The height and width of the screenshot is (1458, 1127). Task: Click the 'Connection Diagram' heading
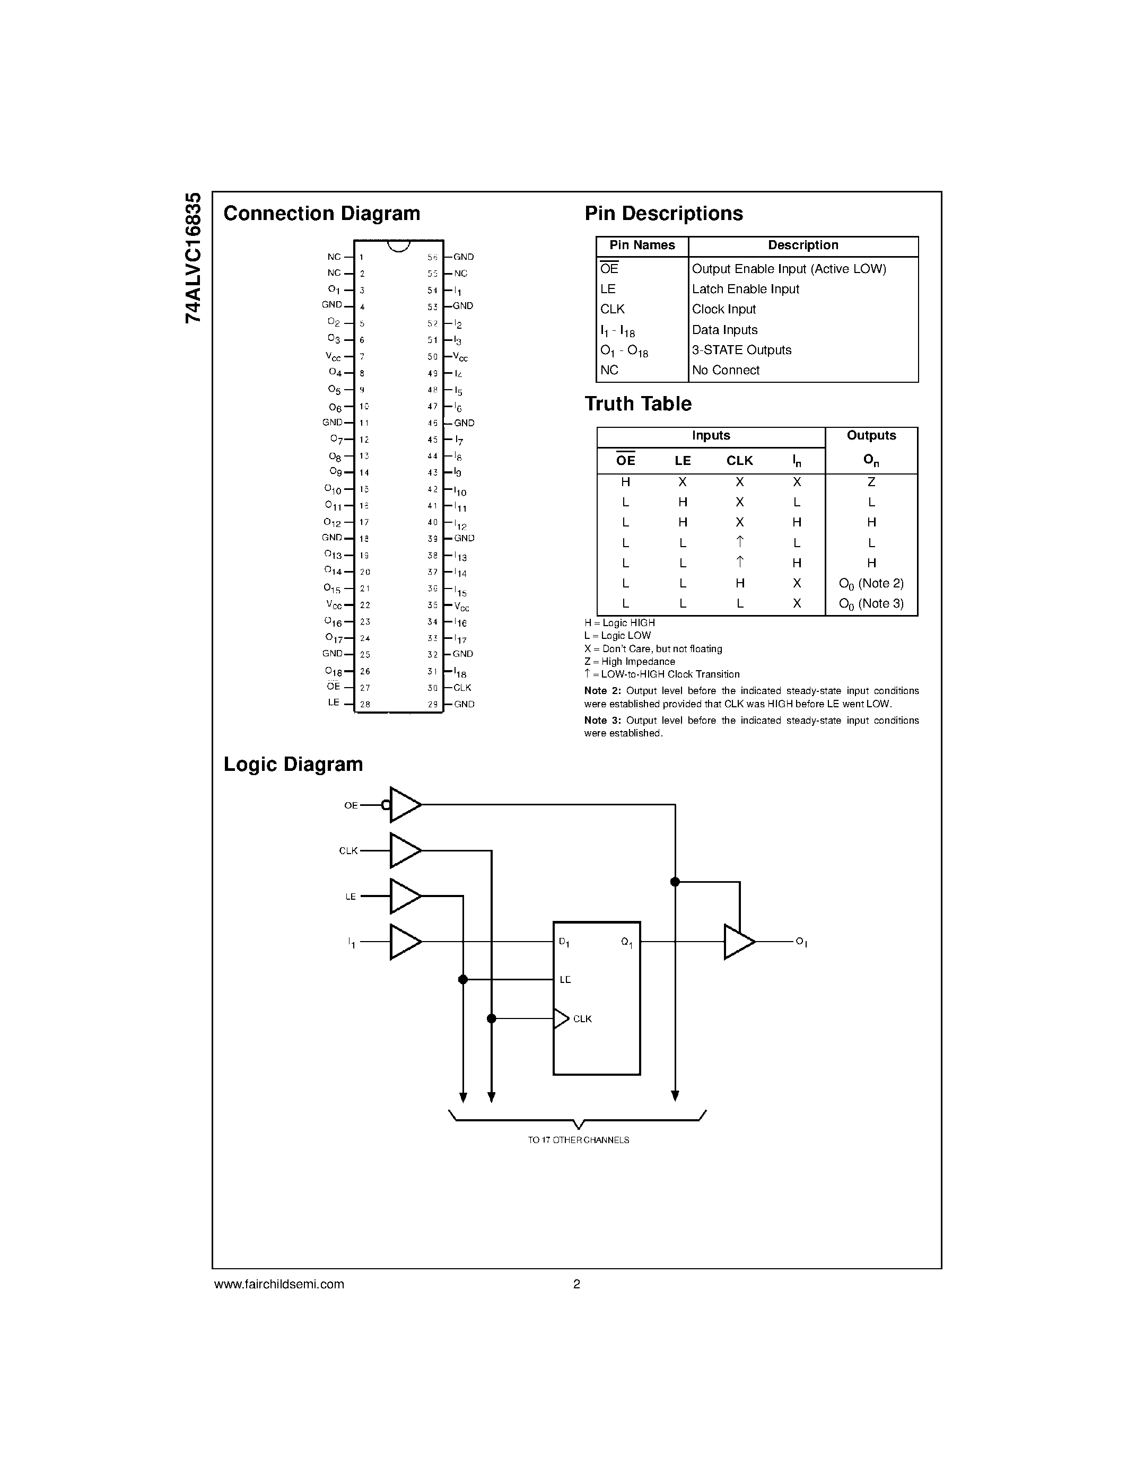pos(321,214)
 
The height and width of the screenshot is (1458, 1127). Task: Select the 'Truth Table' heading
pos(637,404)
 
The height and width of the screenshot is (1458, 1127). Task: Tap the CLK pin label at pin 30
pos(462,688)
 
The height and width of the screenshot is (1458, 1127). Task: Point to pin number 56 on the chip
pos(433,257)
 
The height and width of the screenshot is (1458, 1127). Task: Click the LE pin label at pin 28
pos(334,703)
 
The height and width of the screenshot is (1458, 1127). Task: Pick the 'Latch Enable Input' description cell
pos(745,289)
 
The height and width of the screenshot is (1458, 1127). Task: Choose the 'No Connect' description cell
pos(725,370)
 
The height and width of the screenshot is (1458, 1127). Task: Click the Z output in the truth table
pos(871,482)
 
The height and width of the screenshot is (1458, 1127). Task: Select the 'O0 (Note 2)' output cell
pos(871,584)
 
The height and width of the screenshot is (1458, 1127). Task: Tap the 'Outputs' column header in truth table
pos(871,435)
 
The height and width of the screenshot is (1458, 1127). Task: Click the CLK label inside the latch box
pos(582,1018)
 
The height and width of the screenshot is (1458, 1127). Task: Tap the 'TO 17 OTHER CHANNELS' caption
pos(578,1140)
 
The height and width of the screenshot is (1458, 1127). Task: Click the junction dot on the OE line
pos(675,882)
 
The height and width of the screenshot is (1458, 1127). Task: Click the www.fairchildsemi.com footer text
pos(279,1284)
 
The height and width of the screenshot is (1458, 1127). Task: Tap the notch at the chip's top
pos(399,245)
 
